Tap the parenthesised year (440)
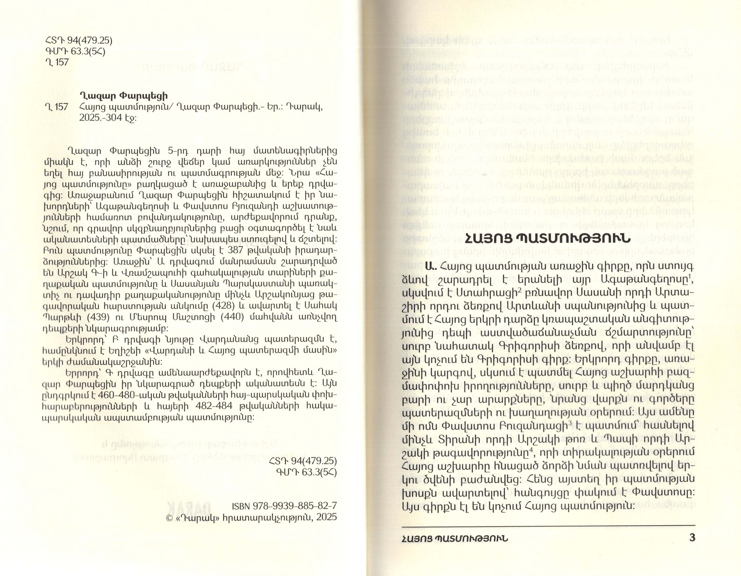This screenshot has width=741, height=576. (233, 317)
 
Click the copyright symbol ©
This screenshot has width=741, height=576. (170, 517)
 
